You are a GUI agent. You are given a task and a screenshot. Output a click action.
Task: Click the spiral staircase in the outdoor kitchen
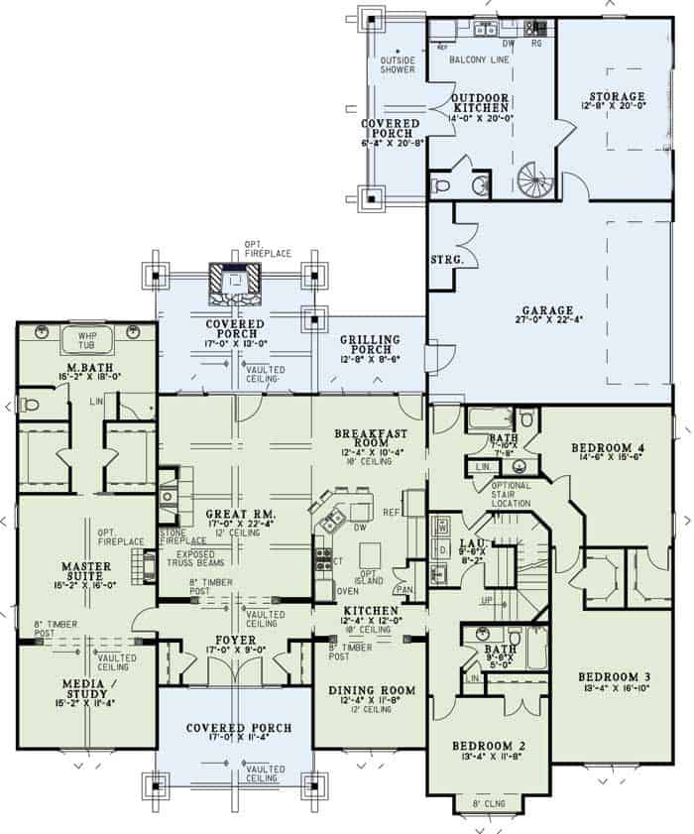pos(535,181)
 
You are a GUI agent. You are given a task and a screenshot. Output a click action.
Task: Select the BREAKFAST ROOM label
pos(368,439)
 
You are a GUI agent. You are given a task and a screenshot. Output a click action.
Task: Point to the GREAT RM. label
pos(234,515)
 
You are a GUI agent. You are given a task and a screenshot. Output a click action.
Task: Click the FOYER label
pos(234,641)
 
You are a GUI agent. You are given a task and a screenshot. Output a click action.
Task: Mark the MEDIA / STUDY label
pos(86,689)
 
